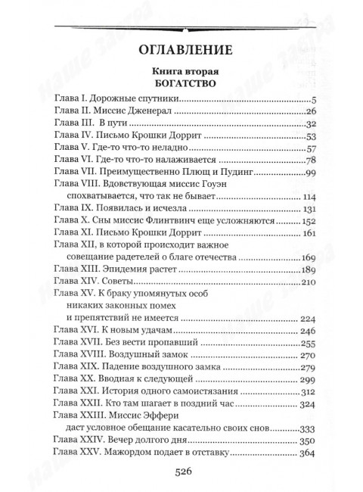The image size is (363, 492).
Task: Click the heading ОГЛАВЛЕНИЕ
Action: coord(181,52)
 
